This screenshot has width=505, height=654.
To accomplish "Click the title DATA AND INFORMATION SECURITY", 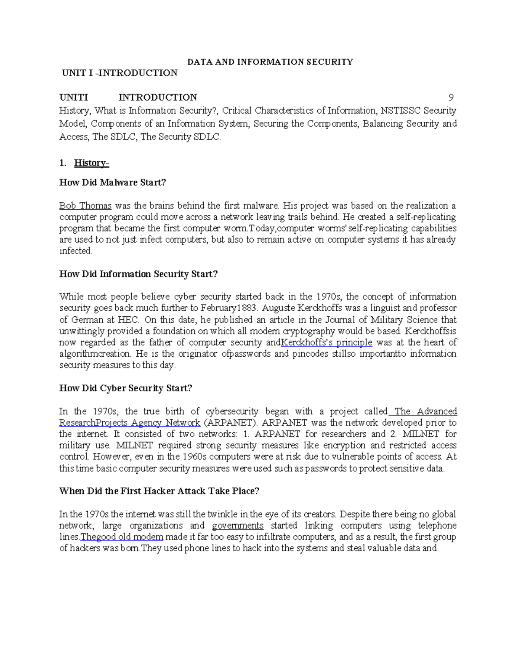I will pos(270,62).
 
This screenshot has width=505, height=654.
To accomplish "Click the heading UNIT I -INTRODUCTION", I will pos(120,73).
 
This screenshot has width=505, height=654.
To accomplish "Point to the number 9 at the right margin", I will pos(451,98).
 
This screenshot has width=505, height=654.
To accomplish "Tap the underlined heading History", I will pos(91,163).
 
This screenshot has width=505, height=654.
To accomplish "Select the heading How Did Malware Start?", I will pos(113,182).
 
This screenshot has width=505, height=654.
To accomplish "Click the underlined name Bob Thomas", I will pos(85,206).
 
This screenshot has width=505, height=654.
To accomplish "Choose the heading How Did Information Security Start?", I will pos(138,274).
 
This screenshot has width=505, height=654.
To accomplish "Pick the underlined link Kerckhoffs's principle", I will pos(327,342).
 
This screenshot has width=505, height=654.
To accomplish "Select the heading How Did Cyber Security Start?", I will pos(126,388).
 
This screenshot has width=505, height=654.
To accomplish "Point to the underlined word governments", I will pos(238,526).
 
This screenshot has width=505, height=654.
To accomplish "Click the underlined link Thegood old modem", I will pos(122,537).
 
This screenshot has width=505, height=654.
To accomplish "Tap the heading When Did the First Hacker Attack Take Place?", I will pos(159,491).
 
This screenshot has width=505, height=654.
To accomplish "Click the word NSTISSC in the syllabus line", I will pos(400,111).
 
